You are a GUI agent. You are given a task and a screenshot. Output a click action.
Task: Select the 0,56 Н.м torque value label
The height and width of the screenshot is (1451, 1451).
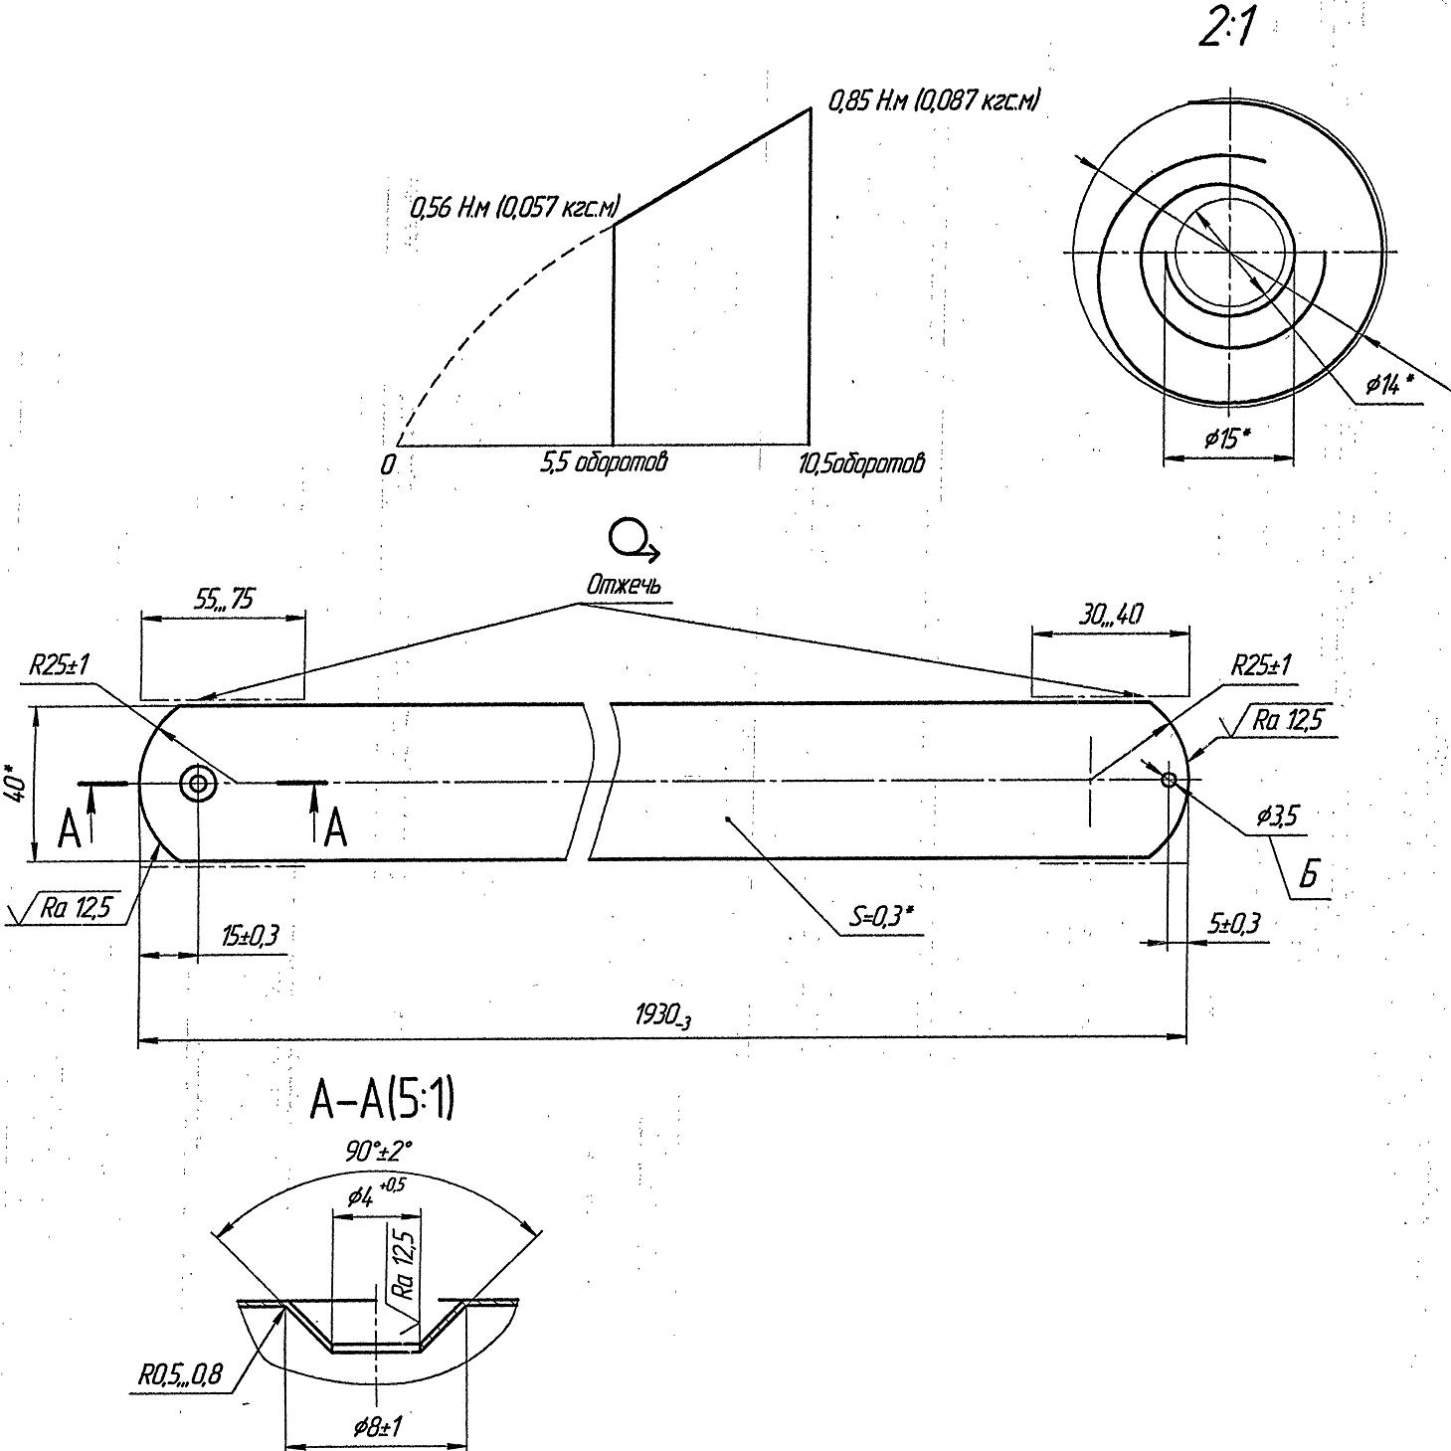[x=514, y=209]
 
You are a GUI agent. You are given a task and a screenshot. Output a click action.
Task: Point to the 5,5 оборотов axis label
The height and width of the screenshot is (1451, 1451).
[x=604, y=462]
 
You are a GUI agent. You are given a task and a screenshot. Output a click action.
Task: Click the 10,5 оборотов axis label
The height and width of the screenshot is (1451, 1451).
[x=861, y=463]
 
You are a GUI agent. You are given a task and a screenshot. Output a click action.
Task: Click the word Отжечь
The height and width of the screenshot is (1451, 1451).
[x=623, y=585]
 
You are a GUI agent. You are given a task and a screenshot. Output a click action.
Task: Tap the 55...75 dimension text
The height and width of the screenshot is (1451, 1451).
[x=224, y=599]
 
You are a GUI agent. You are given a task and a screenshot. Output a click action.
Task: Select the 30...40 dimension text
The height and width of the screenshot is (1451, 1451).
[x=1110, y=615]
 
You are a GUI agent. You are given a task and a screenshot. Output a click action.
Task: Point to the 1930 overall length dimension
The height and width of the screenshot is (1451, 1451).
[x=662, y=1016]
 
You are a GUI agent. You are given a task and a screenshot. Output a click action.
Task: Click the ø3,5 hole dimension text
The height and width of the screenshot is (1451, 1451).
[x=1277, y=816]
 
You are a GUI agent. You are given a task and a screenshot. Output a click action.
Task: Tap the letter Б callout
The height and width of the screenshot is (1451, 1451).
[x=1310, y=875]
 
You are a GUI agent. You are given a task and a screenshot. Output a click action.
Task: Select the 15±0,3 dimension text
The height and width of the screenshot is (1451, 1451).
[x=250, y=935]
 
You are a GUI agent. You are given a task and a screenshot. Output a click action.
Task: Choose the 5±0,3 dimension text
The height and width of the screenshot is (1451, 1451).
[x=1233, y=924]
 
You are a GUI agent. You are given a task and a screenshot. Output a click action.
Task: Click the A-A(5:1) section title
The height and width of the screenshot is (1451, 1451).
[x=383, y=1101]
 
